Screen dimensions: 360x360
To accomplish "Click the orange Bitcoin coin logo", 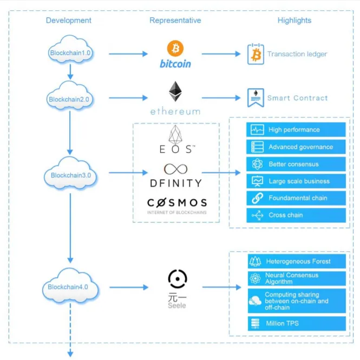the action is [175, 48].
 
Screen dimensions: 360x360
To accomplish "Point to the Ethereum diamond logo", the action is [175, 91].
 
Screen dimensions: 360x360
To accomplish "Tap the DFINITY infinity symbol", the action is [175, 169].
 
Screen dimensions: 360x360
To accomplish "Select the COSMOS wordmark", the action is [177, 202].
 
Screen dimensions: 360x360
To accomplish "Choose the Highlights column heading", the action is [294, 21].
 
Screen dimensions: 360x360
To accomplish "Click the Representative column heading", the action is [175, 21].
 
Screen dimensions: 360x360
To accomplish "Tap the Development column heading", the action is [68, 21].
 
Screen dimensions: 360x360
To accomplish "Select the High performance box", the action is [296, 129].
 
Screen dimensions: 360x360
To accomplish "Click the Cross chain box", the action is [296, 215].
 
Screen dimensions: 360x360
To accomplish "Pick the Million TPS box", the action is [297, 324].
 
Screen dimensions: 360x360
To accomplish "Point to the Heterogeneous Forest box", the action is [297, 261].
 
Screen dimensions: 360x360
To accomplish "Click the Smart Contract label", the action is [297, 98].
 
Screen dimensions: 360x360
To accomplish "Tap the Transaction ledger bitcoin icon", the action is [256, 54].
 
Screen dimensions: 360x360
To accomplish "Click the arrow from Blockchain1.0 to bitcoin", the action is [128, 54].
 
